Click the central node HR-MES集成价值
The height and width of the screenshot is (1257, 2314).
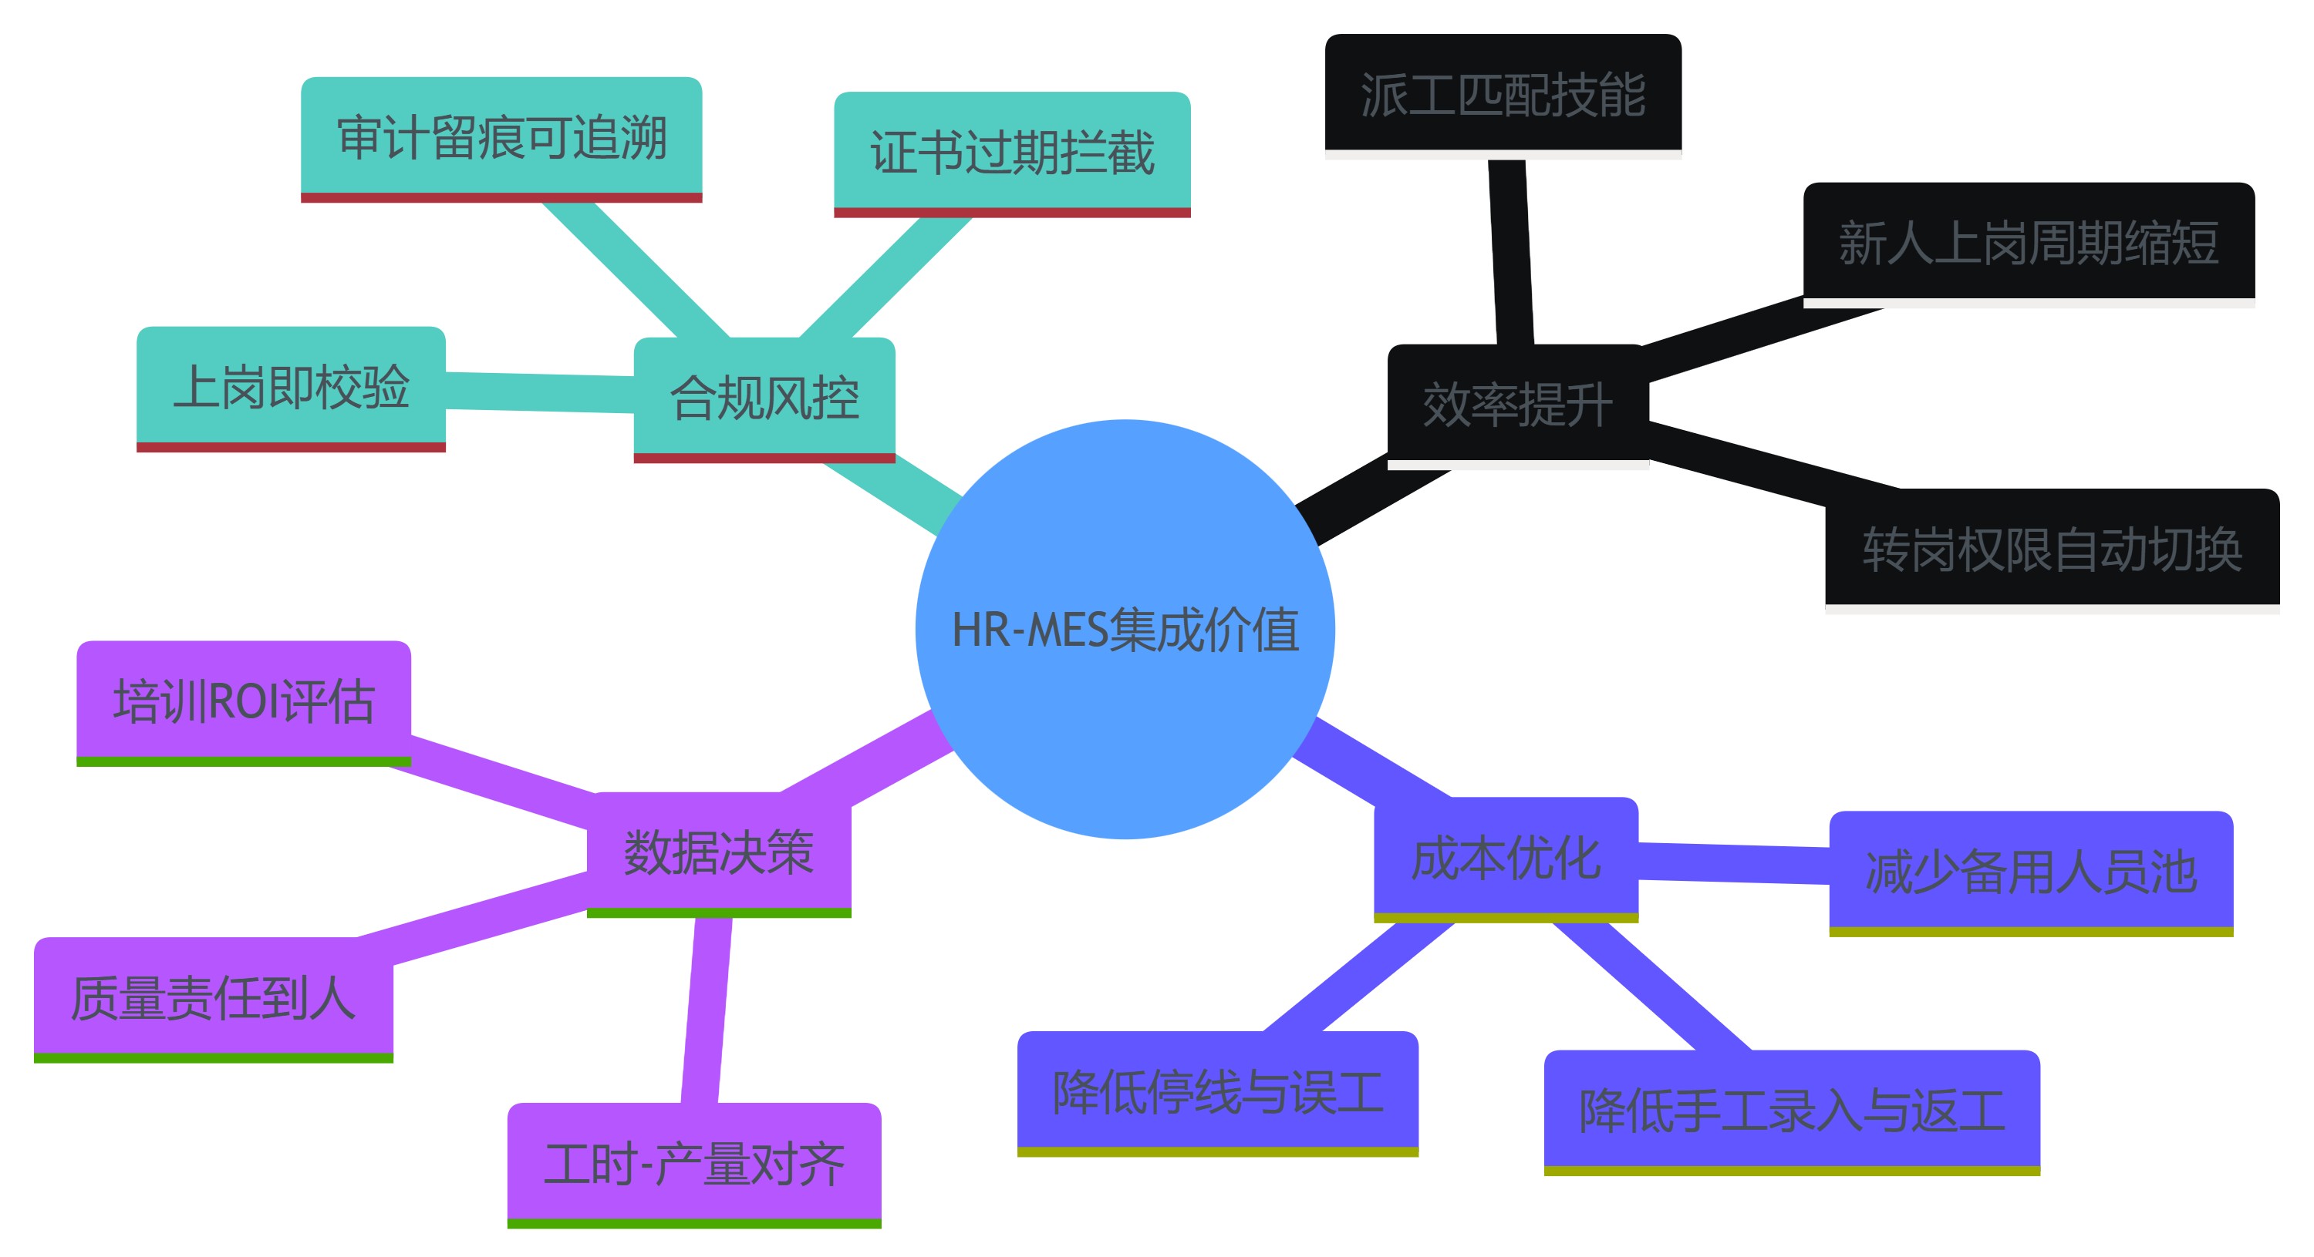click(1125, 629)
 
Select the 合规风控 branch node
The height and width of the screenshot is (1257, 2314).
click(764, 398)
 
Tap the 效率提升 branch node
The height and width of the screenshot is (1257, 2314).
click(1517, 404)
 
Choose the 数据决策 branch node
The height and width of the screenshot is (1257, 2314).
click(719, 852)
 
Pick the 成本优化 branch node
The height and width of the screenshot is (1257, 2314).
click(1506, 858)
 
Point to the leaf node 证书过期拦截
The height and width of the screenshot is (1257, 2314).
click(1011, 153)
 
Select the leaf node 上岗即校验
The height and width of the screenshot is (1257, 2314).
click(291, 387)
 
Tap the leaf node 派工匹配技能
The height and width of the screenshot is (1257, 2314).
click(1503, 94)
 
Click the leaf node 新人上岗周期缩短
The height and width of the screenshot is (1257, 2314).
click(2029, 243)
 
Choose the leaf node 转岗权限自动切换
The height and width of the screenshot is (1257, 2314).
click(2052, 549)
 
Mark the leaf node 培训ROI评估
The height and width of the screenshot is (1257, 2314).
click(244, 701)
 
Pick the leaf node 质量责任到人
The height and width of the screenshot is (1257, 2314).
click(214, 997)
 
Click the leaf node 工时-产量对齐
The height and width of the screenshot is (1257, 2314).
click(693, 1164)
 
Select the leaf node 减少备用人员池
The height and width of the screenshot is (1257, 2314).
click(2030, 872)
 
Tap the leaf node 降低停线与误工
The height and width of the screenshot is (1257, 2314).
click(1217, 1092)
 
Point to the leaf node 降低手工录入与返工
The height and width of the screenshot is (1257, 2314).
click(1791, 1111)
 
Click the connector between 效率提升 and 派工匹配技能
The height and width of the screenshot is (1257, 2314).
click(1510, 251)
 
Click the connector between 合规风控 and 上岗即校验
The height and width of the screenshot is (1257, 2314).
click(539, 392)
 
